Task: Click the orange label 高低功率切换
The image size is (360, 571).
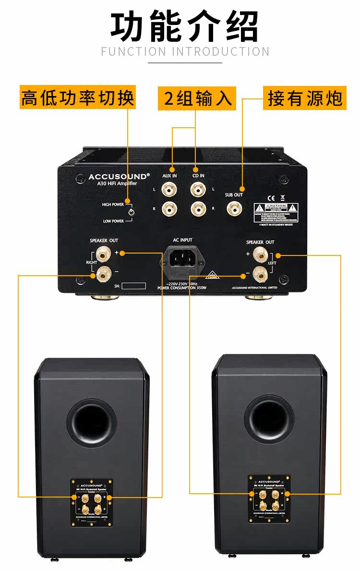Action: [78, 98]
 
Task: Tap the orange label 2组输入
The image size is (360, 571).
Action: [197, 98]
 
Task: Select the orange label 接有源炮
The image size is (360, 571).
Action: [304, 98]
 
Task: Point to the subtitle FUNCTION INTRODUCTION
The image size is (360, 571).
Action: [185, 52]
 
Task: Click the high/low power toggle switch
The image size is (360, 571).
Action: [131, 212]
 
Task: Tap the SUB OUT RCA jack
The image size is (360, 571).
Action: [234, 208]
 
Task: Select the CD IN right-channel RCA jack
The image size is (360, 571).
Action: [197, 209]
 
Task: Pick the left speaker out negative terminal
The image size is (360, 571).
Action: [260, 274]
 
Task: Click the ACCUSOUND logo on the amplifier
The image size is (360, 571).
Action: [119, 177]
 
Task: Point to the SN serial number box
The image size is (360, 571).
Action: [133, 286]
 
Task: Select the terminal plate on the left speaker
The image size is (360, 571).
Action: [91, 501]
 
